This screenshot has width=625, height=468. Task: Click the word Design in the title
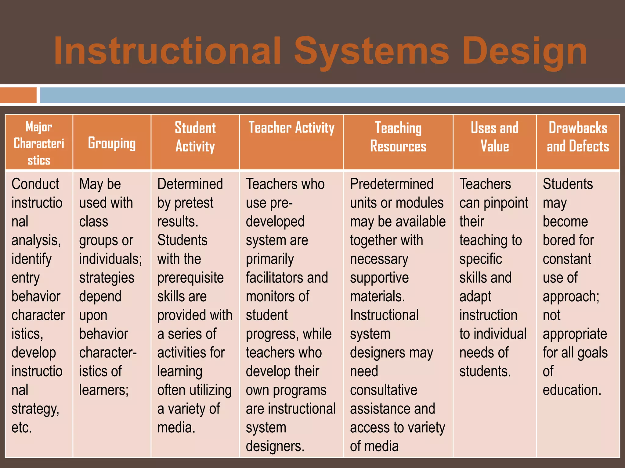(525, 51)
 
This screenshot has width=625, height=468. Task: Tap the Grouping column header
(112, 143)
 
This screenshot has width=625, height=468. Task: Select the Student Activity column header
(195, 137)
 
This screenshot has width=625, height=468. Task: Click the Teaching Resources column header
(398, 137)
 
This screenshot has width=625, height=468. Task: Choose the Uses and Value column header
(494, 137)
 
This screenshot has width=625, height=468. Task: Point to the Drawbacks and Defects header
(578, 137)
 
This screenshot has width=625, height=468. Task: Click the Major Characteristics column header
(39, 143)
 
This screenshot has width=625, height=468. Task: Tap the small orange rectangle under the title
(18, 95)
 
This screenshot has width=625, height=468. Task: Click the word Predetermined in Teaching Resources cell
(392, 184)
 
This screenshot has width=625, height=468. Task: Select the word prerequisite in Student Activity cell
(190, 278)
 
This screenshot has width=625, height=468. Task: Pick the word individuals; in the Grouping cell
(110, 259)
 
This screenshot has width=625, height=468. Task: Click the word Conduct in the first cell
(35, 184)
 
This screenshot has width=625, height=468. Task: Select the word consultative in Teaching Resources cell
(384, 390)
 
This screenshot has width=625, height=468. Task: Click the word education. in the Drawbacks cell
(572, 390)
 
